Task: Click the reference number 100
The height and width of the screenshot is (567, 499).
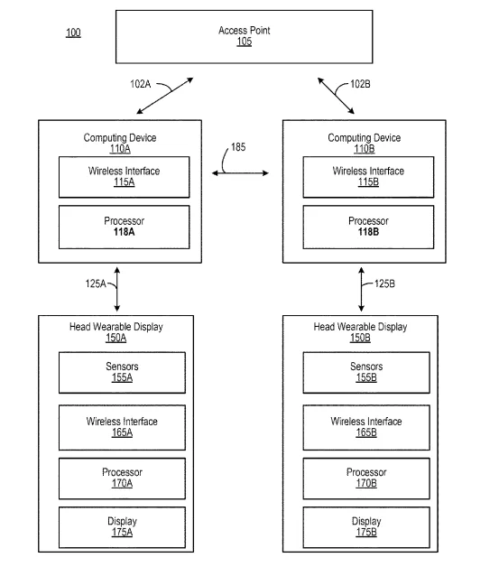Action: click(x=73, y=33)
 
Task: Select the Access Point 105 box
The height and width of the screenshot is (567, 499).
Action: click(x=244, y=37)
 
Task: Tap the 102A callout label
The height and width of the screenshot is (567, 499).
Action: click(x=140, y=84)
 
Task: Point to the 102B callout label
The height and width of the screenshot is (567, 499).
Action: click(x=360, y=84)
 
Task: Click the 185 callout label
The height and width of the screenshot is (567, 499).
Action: click(x=238, y=147)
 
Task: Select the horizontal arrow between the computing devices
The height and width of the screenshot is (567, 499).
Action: click(x=240, y=173)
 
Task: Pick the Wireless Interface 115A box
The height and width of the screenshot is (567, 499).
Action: click(x=124, y=177)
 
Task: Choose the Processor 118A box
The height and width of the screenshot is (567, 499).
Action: click(x=124, y=228)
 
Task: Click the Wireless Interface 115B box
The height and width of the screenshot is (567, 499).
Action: click(x=368, y=177)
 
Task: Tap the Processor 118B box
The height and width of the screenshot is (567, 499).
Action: click(x=368, y=228)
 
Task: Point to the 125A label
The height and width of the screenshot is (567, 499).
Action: click(x=96, y=283)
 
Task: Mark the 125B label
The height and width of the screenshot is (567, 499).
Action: click(x=384, y=283)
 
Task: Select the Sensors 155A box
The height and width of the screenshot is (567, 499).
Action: click(x=122, y=373)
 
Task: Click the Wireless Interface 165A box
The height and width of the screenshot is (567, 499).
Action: click(x=122, y=427)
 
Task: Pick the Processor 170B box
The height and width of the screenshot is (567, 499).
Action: click(x=366, y=479)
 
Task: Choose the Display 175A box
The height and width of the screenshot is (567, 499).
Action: click(x=122, y=527)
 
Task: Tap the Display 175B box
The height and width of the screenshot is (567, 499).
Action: click(x=366, y=527)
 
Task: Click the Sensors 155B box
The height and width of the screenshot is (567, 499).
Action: click(x=366, y=373)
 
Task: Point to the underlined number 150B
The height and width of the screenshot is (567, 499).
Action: click(x=360, y=338)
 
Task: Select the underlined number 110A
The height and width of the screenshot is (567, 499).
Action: click(x=120, y=149)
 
